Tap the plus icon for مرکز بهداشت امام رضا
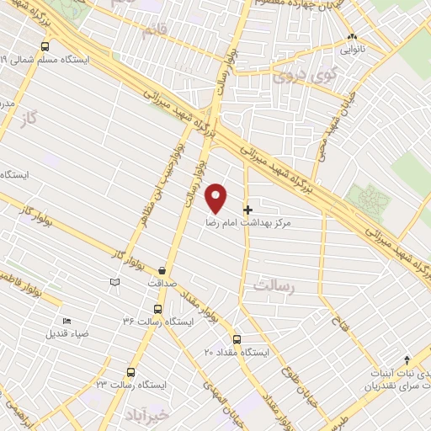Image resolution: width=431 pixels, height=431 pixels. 247,209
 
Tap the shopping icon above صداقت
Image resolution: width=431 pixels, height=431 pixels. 162,270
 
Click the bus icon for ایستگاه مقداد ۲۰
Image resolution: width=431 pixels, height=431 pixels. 237,339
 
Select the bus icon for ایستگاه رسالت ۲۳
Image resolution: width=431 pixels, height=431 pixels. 131,371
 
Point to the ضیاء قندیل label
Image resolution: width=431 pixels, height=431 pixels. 67,333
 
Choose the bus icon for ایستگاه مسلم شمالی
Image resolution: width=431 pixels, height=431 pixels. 44,47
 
